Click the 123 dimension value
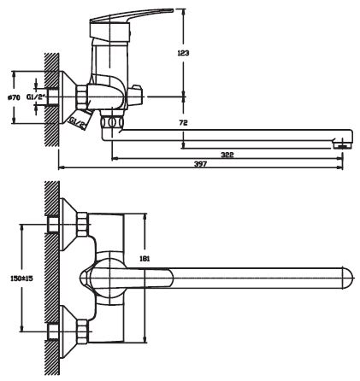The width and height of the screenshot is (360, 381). (x=183, y=53)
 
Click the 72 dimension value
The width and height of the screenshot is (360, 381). (x=184, y=123)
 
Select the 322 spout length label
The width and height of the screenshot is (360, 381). (x=227, y=155)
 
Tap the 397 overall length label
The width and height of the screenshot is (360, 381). (x=200, y=164)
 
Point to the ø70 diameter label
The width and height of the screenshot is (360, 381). (x=14, y=97)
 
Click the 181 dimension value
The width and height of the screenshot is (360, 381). (x=145, y=259)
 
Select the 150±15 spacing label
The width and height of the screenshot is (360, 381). (x=21, y=278)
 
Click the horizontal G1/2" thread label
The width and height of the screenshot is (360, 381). (x=36, y=97)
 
